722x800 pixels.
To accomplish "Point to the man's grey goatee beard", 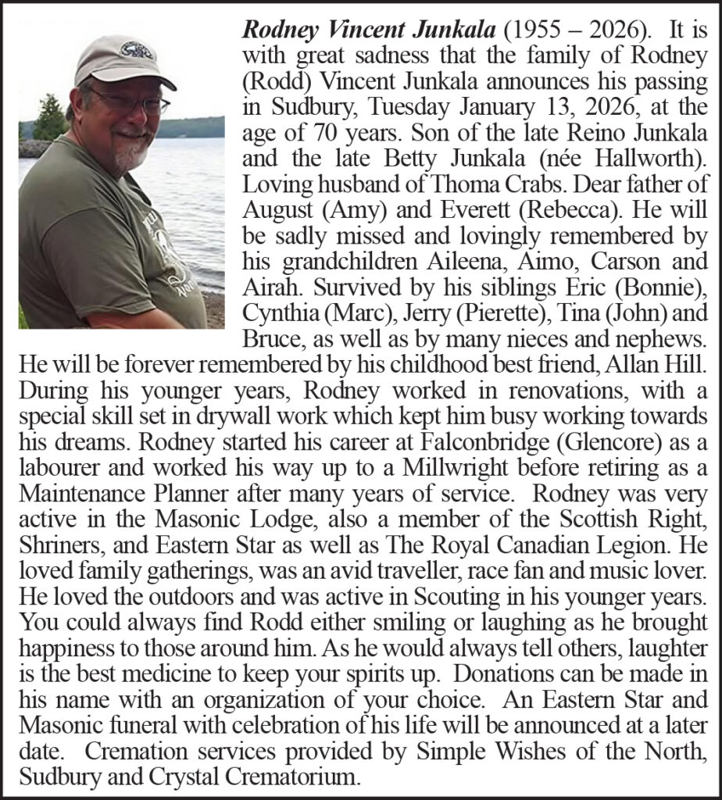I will [x=127, y=152].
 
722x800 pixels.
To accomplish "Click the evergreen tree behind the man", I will [x=52, y=117].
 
